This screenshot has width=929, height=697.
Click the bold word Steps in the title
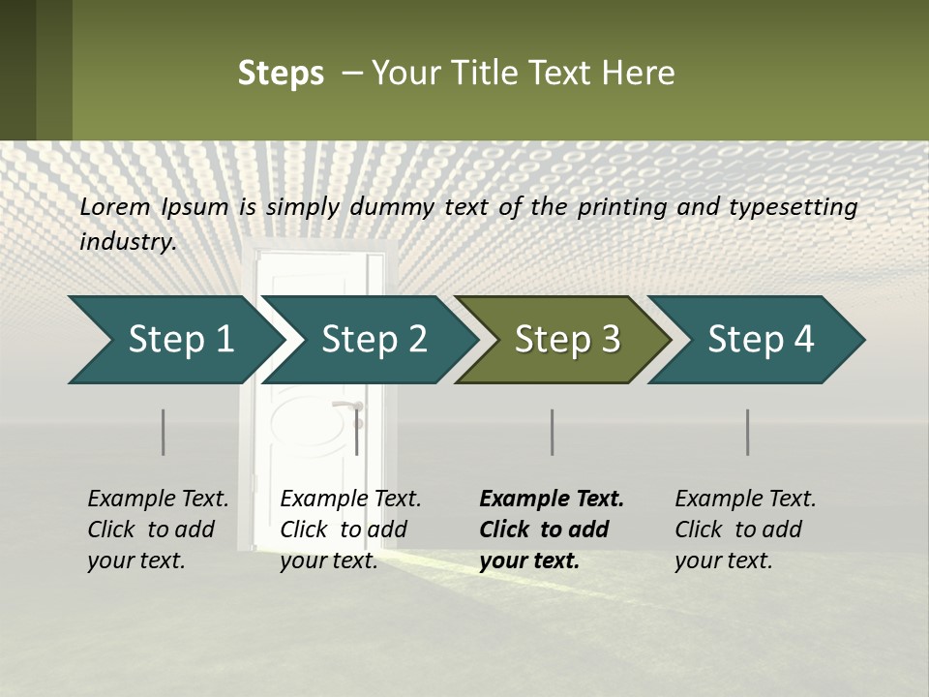coord(281,74)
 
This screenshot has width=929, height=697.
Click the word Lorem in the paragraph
coord(114,207)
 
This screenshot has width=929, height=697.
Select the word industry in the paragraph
coord(126,242)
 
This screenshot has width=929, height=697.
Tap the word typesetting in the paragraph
coord(799,207)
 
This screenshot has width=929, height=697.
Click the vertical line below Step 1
coord(163,432)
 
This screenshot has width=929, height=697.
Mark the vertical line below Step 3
coord(552,432)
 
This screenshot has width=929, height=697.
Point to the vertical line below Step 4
coord(748,432)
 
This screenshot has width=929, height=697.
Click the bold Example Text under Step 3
coord(552,500)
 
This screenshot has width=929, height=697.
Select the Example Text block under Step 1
coord(158,530)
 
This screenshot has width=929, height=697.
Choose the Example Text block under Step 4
coord(745,530)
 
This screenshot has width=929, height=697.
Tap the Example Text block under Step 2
coord(350,530)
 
